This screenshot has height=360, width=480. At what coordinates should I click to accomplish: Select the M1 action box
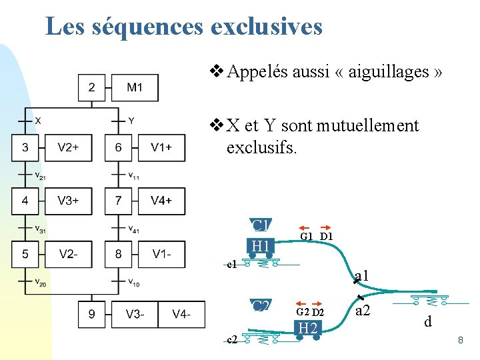click(135, 87)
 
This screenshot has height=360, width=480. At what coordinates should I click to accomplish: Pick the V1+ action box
click(161, 147)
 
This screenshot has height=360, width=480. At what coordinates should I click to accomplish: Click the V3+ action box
click(67, 200)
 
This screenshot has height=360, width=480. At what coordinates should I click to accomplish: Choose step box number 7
click(118, 200)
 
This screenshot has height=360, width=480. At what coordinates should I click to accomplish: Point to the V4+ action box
click(161, 200)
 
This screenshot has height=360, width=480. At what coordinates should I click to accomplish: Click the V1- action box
click(161, 253)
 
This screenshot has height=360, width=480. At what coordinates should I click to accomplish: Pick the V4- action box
click(181, 314)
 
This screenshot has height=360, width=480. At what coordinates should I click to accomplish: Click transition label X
click(38, 121)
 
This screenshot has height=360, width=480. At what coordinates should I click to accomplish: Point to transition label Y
click(131, 121)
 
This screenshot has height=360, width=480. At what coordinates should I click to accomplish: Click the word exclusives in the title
click(266, 27)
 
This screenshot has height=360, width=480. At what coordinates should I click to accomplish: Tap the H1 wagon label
click(261, 247)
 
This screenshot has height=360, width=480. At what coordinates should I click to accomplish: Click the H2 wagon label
click(307, 328)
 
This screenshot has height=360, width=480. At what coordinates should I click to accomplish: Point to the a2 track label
click(363, 311)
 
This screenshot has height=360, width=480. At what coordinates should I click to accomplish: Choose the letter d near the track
click(429, 322)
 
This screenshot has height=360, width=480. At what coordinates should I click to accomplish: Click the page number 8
click(460, 341)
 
